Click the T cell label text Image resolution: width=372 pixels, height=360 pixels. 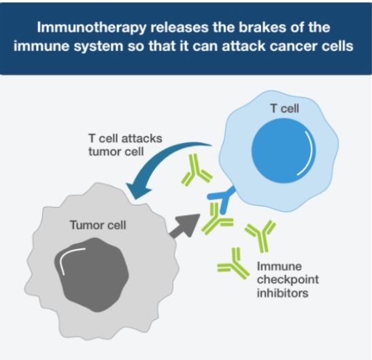pos(284,108)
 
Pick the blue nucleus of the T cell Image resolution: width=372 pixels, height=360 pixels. pos(284,151)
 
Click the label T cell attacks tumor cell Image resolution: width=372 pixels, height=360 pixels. pos(125,145)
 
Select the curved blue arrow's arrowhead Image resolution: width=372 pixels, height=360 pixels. pos(137,190)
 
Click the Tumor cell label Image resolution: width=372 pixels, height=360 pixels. pos(98,225)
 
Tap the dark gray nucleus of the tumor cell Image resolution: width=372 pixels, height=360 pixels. pos(91,274)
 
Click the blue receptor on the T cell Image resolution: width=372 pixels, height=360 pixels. pos(223,199)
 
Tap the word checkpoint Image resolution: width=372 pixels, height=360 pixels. pos(288,280)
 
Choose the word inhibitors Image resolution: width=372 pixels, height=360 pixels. pos(282,293)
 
